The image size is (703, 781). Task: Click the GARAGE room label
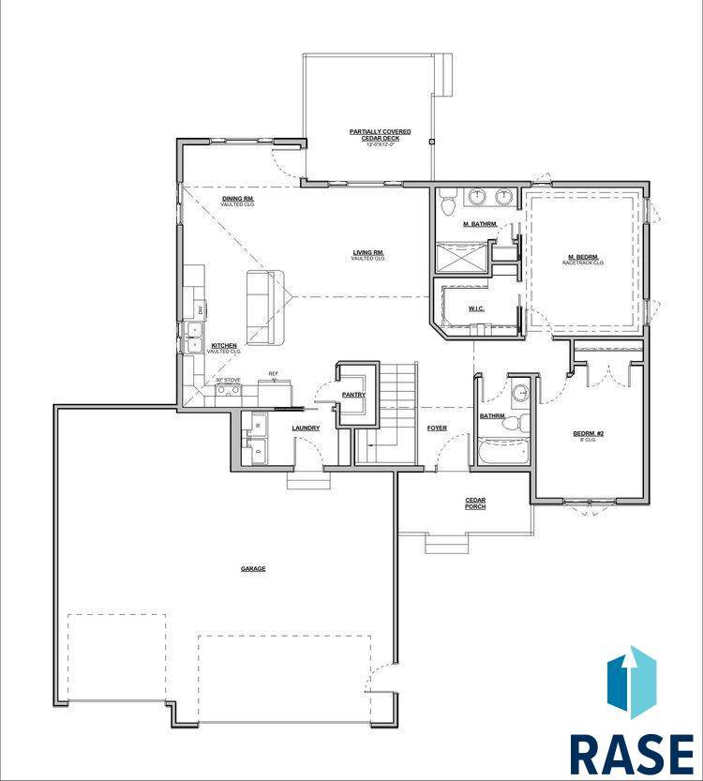tap(253, 568)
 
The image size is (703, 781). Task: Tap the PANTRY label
tap(352, 395)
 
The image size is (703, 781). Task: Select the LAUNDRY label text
tap(306, 428)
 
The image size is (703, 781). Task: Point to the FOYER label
tap(437, 428)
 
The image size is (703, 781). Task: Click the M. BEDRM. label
tap(583, 258)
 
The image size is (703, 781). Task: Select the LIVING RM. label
tap(368, 253)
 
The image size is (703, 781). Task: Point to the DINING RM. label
tap(238, 200)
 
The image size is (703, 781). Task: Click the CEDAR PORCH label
tap(475, 503)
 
